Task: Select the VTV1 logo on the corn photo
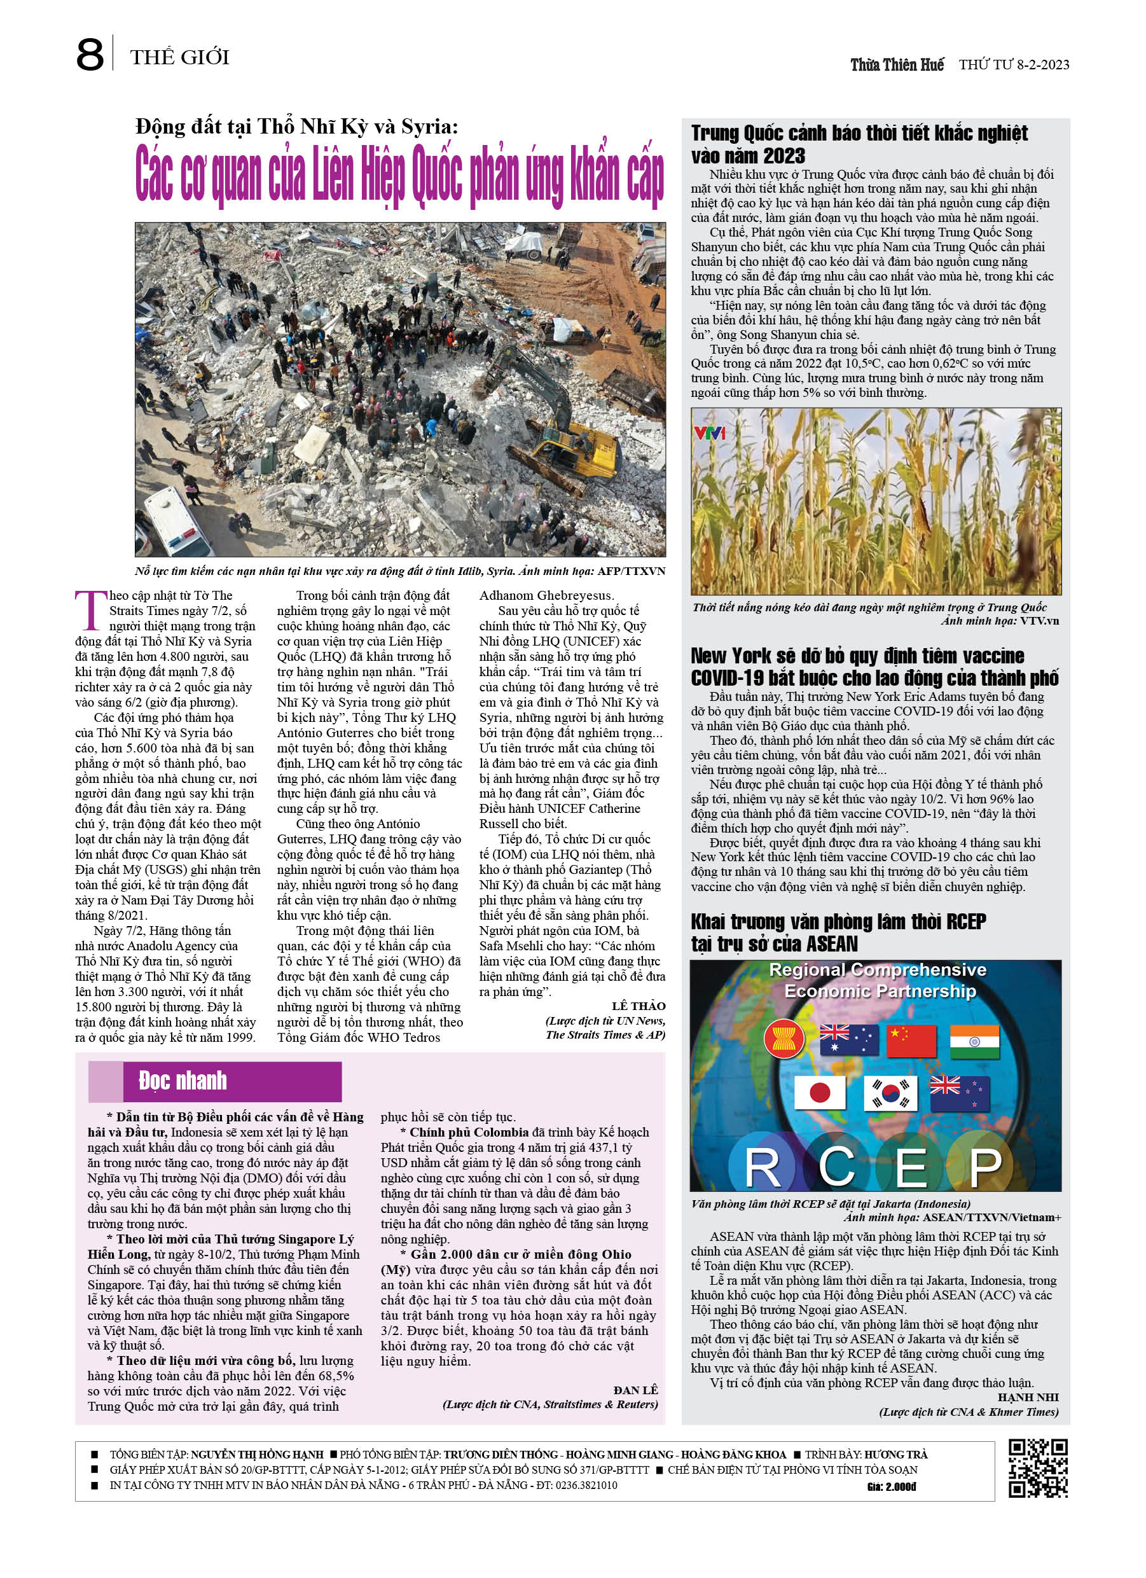click(709, 433)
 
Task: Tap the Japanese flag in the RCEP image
click(819, 1093)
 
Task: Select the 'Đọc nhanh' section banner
click(215, 1081)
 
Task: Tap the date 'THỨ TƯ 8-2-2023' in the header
click(1014, 66)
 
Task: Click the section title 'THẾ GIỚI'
click(179, 57)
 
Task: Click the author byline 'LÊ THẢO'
click(638, 1006)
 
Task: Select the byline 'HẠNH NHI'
click(1028, 1397)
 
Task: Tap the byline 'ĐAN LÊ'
click(635, 1390)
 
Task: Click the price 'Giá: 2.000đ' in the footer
click(892, 1487)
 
